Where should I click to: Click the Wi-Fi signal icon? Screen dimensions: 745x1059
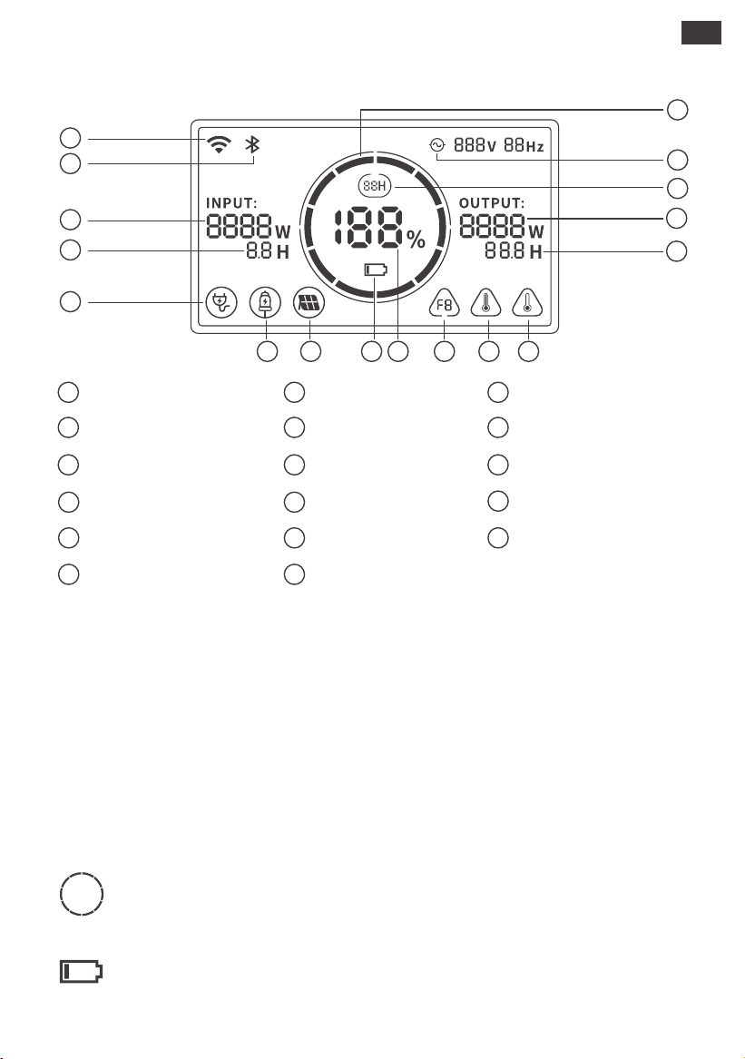[x=219, y=144]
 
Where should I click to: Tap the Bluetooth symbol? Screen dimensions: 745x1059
[x=252, y=144]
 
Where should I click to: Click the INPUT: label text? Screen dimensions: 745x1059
[x=231, y=202]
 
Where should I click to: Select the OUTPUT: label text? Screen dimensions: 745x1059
[x=492, y=202]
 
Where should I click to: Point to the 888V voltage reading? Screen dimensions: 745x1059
[x=475, y=145]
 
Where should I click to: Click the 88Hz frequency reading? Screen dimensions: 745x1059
[x=524, y=145]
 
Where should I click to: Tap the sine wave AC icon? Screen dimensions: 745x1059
[x=437, y=144]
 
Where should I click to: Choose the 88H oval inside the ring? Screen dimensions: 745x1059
[x=374, y=186]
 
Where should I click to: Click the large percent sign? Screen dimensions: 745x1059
[x=417, y=239]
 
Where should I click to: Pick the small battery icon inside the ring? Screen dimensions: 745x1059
[x=377, y=270]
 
